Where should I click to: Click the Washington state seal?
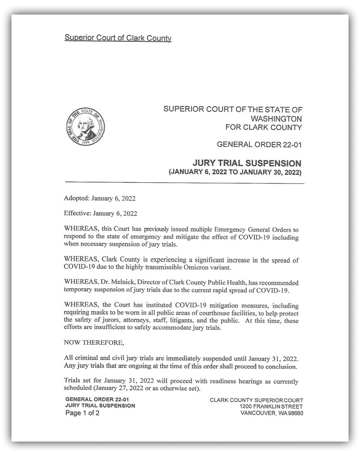(x=85, y=126)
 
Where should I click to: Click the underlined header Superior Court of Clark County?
(x=118, y=38)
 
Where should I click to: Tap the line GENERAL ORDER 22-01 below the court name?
(x=259, y=144)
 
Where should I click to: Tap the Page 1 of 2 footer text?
(x=82, y=413)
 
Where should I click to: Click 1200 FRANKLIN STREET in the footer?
(x=271, y=407)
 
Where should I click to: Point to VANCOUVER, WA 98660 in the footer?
(x=272, y=413)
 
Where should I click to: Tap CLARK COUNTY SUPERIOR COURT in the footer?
(x=256, y=400)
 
